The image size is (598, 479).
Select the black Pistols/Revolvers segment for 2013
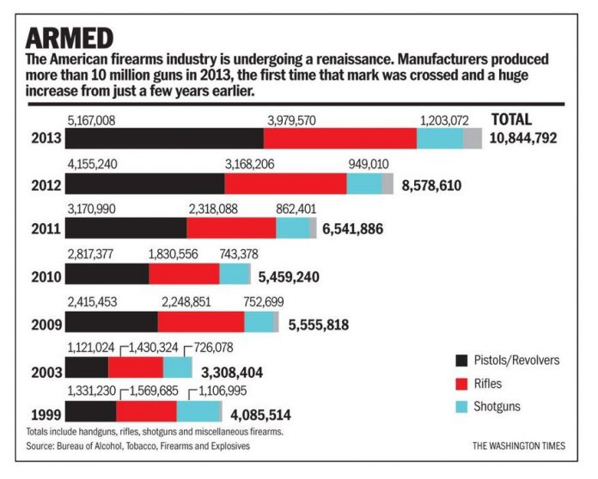164,138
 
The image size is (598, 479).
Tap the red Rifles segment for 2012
285,183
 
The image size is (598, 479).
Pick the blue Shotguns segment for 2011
292,227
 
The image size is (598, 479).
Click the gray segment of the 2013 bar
473,138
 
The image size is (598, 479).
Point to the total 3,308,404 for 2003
231,372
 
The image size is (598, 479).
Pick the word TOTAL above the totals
510,119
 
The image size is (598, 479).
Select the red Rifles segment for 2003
135,367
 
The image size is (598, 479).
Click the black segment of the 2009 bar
111,321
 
